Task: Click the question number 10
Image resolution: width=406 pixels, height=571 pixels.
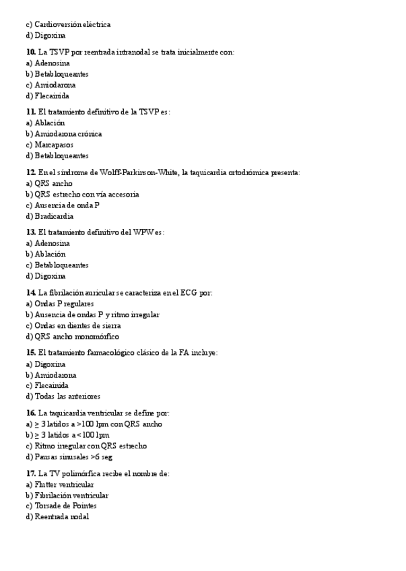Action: pos(30,52)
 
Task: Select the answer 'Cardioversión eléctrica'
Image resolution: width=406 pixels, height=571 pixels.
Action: pos(72,24)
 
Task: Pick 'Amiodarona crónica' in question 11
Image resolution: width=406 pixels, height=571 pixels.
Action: pos(68,134)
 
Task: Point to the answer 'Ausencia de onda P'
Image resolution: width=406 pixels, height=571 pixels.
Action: pos(67,205)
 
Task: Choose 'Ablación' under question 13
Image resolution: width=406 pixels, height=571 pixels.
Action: pos(50,255)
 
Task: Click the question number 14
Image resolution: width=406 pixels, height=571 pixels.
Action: pos(30,293)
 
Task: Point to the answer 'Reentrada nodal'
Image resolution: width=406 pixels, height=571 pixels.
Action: pos(61,516)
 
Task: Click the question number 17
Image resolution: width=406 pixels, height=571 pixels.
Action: pos(30,473)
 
